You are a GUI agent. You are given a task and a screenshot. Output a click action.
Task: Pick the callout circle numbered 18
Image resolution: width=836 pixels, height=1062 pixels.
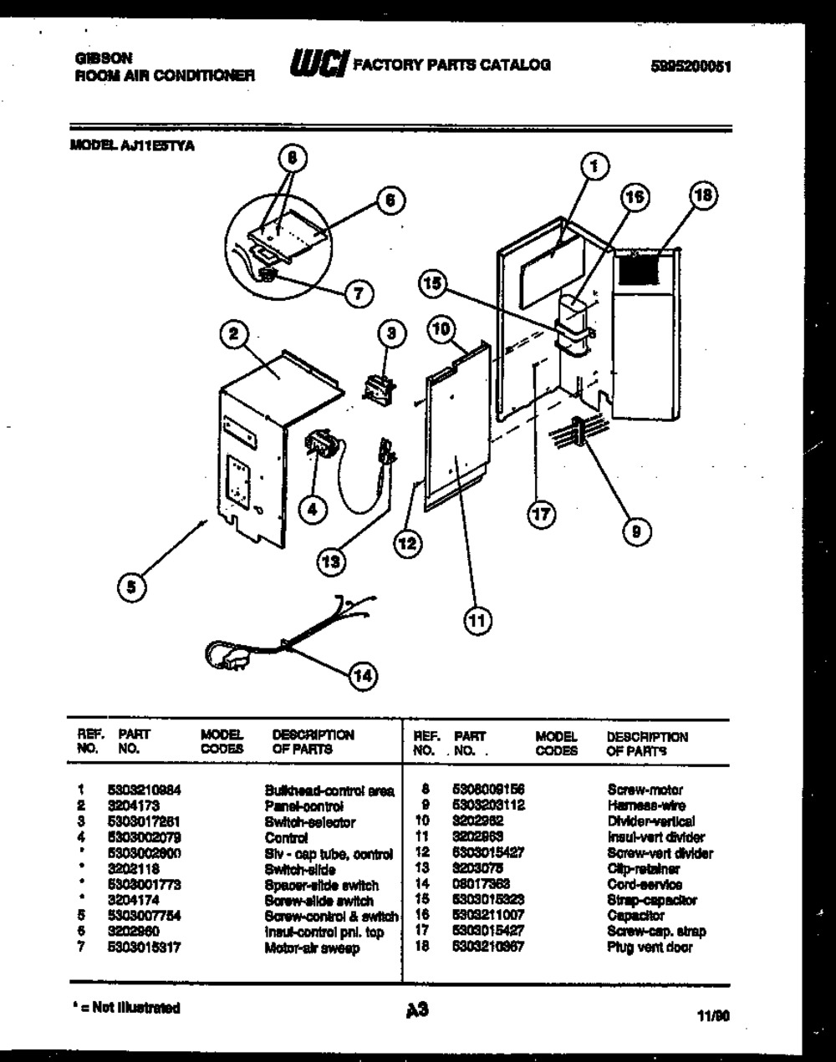click(703, 196)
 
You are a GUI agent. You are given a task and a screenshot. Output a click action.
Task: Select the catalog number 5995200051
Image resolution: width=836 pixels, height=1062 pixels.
click(691, 68)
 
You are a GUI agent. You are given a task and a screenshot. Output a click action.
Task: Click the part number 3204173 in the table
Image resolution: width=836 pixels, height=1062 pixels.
click(128, 805)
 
